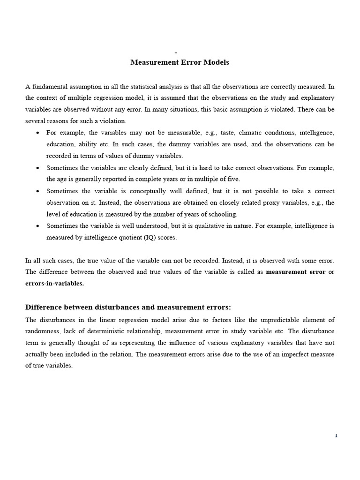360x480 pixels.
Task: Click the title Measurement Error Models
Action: point(180,62)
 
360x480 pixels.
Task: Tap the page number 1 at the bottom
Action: point(336,435)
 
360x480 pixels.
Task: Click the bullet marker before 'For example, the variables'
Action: point(37,133)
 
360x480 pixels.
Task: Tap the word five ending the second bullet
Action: point(233,179)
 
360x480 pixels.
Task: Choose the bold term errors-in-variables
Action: point(54,283)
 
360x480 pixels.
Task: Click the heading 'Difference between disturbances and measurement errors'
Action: point(127,307)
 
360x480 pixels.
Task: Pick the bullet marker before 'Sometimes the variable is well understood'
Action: point(37,226)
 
